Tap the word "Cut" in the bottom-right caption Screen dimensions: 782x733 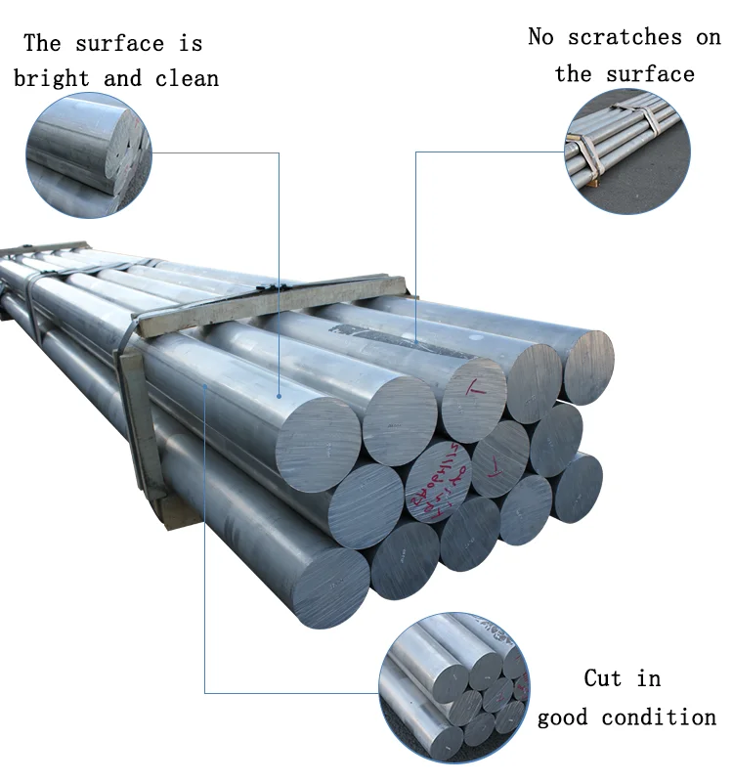click(602, 677)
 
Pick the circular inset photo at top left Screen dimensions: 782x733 click(89, 154)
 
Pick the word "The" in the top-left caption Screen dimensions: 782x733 click(42, 43)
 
